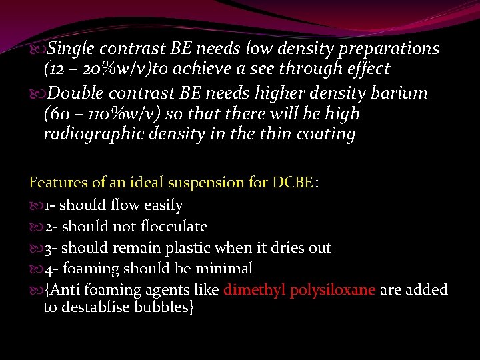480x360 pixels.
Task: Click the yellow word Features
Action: click(57, 181)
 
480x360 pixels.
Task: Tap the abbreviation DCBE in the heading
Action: click(292, 181)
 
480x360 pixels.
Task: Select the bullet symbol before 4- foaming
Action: click(37, 269)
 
